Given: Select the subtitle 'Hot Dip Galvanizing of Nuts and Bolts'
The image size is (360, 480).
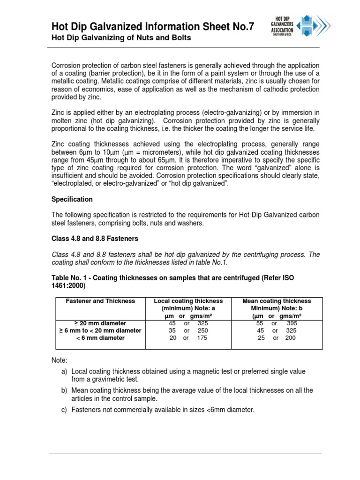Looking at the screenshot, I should [x=121, y=38].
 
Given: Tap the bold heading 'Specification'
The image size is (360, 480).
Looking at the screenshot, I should [x=72, y=199].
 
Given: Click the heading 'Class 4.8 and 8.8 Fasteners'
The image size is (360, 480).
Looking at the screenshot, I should [x=95, y=239].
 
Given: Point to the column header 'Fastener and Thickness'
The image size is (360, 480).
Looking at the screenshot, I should [x=100, y=301].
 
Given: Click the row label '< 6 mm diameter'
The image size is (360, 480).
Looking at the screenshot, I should [x=100, y=337].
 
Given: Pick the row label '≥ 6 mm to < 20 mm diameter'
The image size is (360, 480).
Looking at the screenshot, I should [x=100, y=330].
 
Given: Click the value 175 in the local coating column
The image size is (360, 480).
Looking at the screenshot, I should [x=202, y=337].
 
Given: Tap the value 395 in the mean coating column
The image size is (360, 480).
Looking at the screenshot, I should [x=292, y=323].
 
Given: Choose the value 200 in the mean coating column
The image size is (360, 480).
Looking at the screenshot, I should [x=290, y=337].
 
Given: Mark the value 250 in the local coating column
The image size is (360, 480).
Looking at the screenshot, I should [x=202, y=330].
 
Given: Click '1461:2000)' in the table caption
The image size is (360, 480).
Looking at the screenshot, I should [x=69, y=285].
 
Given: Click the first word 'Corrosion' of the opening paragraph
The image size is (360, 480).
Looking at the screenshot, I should [x=66, y=65].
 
